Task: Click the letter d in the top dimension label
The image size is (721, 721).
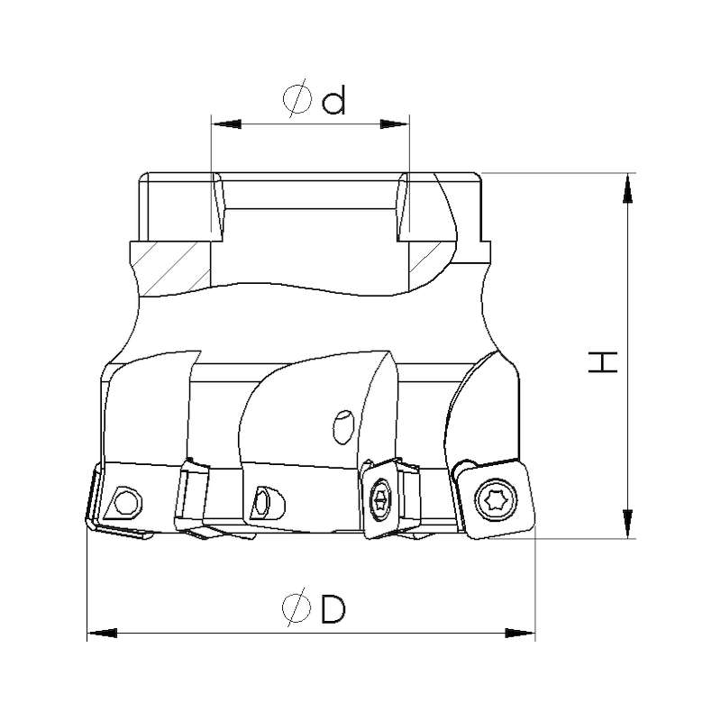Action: pyautogui.click(x=333, y=102)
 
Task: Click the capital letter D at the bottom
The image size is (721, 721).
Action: pyautogui.click(x=333, y=609)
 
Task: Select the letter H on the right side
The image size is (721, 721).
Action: pyautogui.click(x=603, y=362)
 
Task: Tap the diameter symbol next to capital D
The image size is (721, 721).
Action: pyautogui.click(x=297, y=607)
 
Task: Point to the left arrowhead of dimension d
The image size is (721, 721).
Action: pyautogui.click(x=227, y=124)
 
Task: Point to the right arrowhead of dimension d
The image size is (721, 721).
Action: pyautogui.click(x=394, y=124)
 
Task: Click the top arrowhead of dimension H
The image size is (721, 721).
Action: pyautogui.click(x=627, y=188)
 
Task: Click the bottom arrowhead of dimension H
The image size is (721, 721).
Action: pyautogui.click(x=627, y=524)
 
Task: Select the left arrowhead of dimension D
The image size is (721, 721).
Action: pyautogui.click(x=102, y=634)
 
